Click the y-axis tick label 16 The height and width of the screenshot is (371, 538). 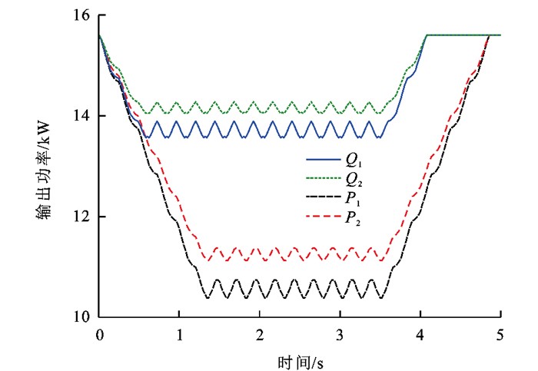click(81, 15)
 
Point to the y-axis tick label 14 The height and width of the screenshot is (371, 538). click(81, 116)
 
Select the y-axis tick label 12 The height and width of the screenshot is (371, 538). click(81, 217)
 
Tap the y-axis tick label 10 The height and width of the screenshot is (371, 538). click(81, 317)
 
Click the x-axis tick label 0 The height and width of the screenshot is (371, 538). click(99, 334)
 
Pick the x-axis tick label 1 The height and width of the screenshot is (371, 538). click(179, 334)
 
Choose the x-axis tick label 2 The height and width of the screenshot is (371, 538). click(260, 334)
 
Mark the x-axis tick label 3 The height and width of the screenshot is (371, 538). click(340, 334)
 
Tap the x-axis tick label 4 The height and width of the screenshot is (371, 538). click(420, 334)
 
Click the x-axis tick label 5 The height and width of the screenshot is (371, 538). click(500, 334)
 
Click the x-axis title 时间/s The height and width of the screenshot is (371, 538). click(299, 359)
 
